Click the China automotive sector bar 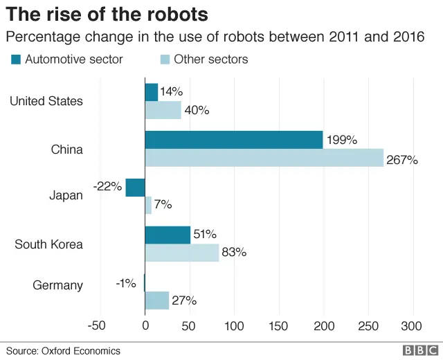233,140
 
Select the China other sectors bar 264,158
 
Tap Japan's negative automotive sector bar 135,187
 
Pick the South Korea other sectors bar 181,253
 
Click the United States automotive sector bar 151,92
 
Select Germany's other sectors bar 156,300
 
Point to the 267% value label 402,160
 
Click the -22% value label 107,186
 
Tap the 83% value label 234,253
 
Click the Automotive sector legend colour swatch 16,60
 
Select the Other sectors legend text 210,60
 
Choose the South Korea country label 48,244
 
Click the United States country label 46,101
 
